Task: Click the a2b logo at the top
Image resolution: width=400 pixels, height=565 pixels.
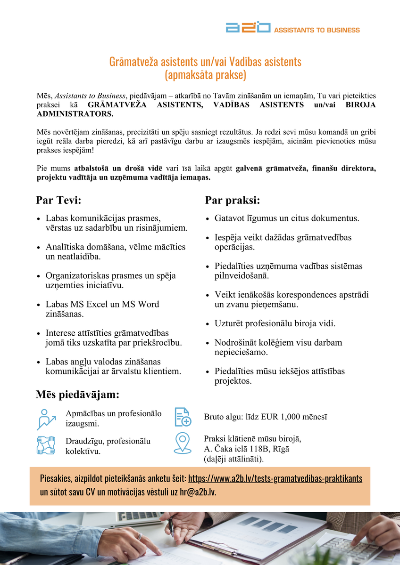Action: (x=248, y=28)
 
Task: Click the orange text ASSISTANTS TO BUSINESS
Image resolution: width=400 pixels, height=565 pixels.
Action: (x=317, y=30)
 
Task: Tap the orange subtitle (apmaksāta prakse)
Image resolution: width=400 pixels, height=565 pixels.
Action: (x=205, y=75)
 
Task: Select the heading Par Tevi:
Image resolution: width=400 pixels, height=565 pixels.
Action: (x=58, y=200)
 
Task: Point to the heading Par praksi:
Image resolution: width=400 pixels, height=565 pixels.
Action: (x=233, y=200)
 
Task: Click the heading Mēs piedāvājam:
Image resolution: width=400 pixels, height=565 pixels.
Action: (x=77, y=394)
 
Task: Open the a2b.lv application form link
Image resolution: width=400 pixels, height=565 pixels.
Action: (x=275, y=479)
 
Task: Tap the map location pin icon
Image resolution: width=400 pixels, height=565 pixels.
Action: (x=183, y=443)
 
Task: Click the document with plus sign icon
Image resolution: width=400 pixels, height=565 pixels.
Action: (x=183, y=417)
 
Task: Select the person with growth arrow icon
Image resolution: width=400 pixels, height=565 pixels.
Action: (x=46, y=419)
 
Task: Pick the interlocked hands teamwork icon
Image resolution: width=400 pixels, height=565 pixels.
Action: (x=46, y=445)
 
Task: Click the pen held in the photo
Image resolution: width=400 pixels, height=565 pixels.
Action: (x=171, y=527)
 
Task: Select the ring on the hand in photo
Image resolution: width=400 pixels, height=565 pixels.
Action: (x=140, y=536)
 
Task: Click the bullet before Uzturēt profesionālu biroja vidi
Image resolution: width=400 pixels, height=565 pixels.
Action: (x=208, y=324)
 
